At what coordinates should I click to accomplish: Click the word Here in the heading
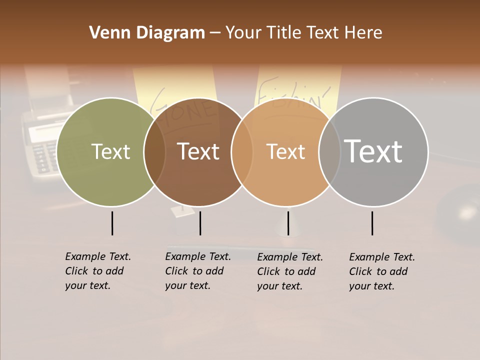[x=364, y=33]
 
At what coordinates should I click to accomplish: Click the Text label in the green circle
[x=110, y=152]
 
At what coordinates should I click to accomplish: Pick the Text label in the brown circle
[x=198, y=151]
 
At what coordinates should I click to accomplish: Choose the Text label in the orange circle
[x=285, y=152]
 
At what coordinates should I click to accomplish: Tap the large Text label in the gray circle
[x=373, y=151]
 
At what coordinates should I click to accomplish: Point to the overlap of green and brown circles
[x=154, y=152]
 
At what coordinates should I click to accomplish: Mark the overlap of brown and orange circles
[x=242, y=152]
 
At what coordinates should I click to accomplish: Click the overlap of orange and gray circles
[x=329, y=152]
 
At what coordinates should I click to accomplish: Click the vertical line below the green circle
[x=112, y=223]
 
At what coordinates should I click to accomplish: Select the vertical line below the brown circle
[x=200, y=223]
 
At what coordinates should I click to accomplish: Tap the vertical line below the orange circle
[x=288, y=223]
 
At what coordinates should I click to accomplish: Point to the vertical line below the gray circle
[x=372, y=223]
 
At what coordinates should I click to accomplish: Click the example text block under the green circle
[x=97, y=271]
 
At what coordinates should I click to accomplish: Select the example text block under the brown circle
[x=197, y=271]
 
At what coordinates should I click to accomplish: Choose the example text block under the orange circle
[x=289, y=271]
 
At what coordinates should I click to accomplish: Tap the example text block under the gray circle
[x=381, y=271]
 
